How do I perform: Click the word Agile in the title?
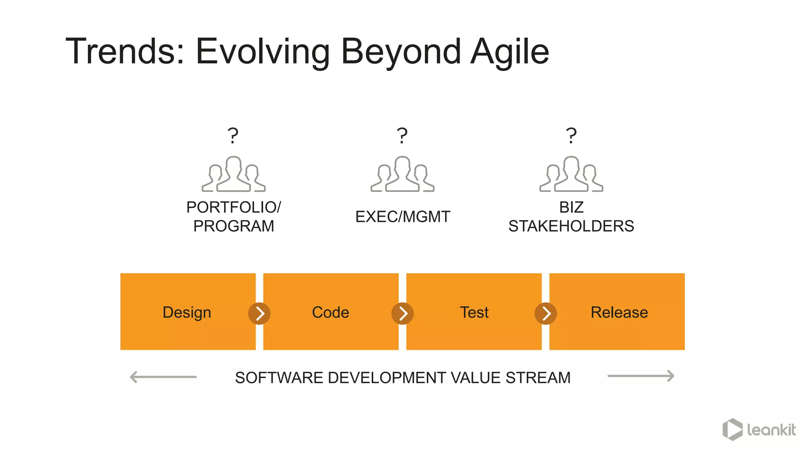(x=510, y=52)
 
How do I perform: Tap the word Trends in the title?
(x=125, y=51)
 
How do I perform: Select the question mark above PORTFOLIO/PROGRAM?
(x=233, y=136)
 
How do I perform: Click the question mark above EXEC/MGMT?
(x=402, y=136)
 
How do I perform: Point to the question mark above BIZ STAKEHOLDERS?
(x=571, y=136)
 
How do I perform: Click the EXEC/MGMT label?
(x=402, y=217)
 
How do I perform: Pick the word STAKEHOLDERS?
(x=571, y=226)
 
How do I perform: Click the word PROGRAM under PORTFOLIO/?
(x=234, y=226)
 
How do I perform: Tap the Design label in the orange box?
(x=187, y=313)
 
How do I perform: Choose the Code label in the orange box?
(x=331, y=313)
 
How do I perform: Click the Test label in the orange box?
(x=474, y=313)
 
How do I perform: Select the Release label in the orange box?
(x=619, y=313)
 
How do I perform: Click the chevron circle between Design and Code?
(x=259, y=314)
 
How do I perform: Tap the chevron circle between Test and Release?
(x=546, y=314)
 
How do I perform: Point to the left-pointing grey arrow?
(x=163, y=377)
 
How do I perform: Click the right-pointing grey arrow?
(x=641, y=376)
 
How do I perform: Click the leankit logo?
(x=759, y=430)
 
